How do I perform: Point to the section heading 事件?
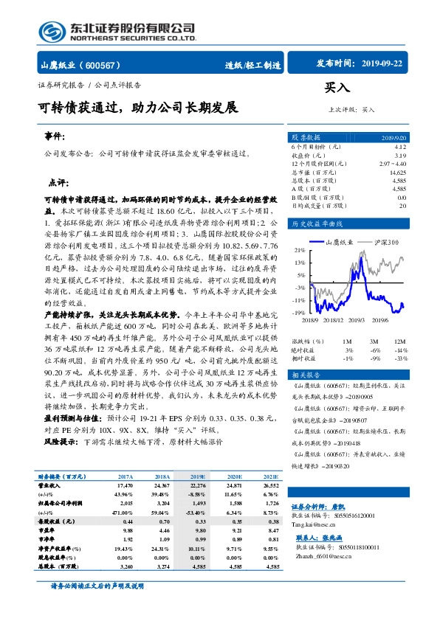[55, 138]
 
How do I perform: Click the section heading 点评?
[58, 181]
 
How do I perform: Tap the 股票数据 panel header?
[306, 138]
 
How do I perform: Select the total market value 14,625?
[396, 172]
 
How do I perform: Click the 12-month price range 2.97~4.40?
[391, 164]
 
